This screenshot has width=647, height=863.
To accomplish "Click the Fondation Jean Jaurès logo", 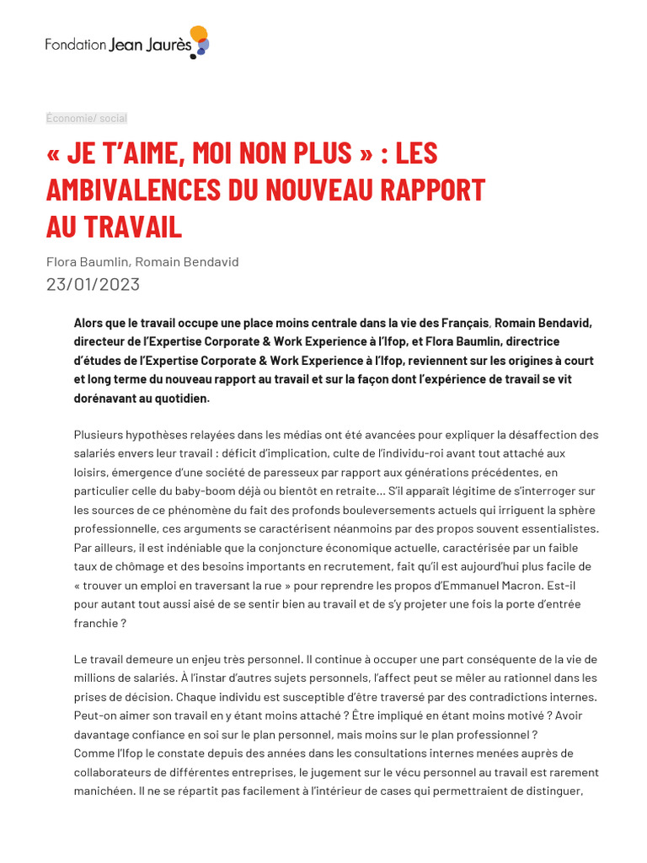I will [x=126, y=42].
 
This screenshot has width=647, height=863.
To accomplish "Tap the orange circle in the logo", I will [x=199, y=34].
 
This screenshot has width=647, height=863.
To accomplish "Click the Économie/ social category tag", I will [x=87, y=118].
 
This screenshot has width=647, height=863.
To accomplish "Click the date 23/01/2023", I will [x=93, y=284].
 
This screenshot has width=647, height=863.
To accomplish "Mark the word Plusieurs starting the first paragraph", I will [x=99, y=435].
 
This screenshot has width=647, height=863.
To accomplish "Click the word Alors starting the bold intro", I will [x=88, y=323].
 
